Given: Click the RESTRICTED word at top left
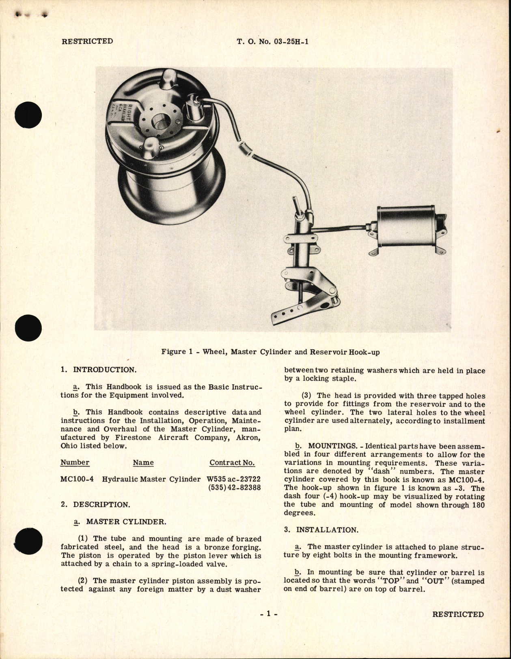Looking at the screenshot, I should point(87,41).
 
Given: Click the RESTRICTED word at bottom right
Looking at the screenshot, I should point(458,614).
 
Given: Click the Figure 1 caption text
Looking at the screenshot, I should point(270,352).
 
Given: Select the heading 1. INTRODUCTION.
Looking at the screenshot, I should point(98,370).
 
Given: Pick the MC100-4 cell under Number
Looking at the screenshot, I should point(77,479).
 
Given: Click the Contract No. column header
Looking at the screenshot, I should point(232,463).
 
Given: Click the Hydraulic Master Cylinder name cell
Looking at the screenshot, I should point(151,479).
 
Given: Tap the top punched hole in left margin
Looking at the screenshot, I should point(28,115).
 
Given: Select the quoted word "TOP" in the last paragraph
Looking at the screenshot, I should point(389,581).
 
